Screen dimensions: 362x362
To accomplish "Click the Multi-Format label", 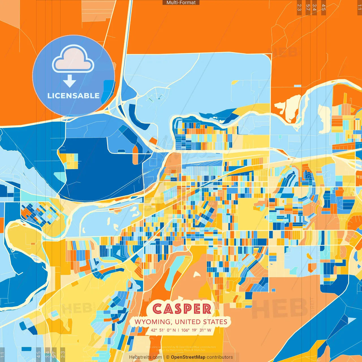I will [181, 3].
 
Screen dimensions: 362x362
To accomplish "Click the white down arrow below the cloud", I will [70, 81].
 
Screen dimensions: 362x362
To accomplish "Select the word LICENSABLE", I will [74, 96].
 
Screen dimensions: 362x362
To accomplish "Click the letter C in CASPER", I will [157, 309].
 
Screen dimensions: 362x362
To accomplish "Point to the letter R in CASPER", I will [207, 309].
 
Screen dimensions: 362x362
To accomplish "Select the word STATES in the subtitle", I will [217, 322].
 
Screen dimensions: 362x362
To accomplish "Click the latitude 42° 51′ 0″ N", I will [163, 330].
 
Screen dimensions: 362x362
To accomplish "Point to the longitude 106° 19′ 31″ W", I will [196, 330].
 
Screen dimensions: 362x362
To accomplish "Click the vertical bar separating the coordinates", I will [178, 330].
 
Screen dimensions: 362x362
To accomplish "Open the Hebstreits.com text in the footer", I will [145, 357].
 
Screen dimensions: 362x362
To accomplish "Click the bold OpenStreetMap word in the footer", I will [188, 357].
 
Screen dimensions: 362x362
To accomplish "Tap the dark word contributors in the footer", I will [220, 357].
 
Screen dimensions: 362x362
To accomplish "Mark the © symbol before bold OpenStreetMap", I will [168, 357].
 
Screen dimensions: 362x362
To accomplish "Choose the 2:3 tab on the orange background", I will [299, 7].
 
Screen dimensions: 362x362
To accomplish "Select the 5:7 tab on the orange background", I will [308, 7].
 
